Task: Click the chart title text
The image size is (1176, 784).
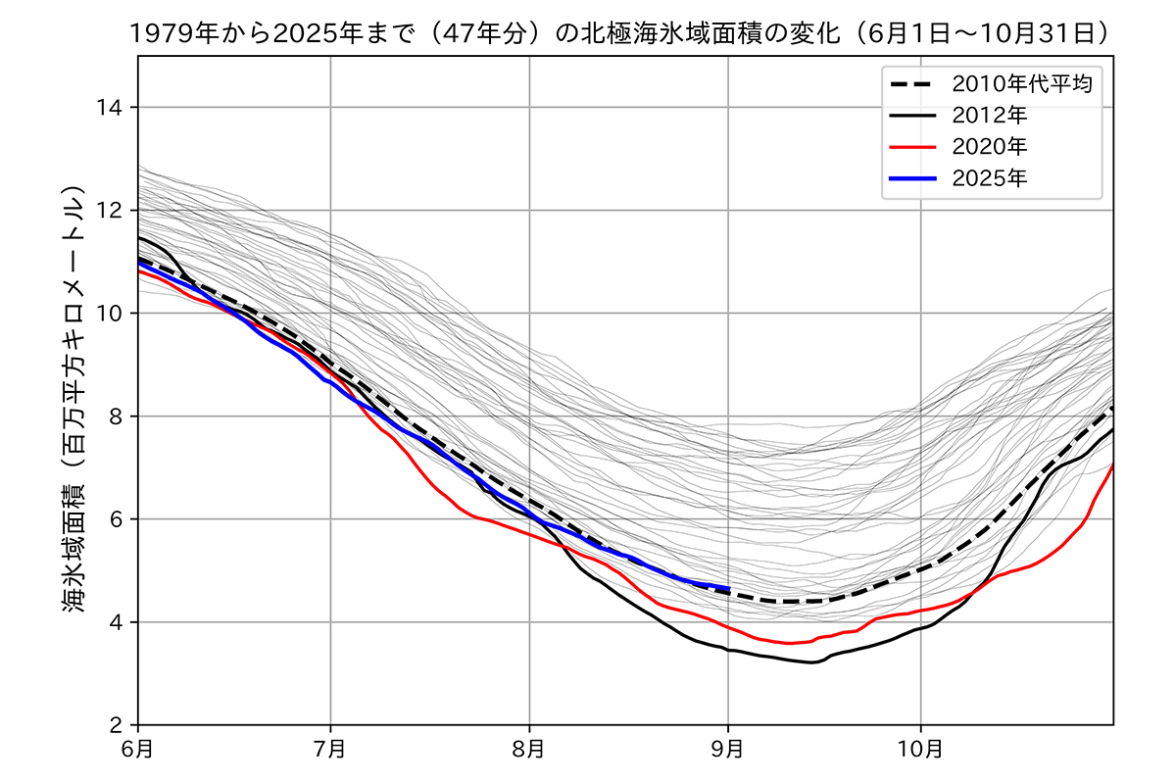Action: tap(621, 33)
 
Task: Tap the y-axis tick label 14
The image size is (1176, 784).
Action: tap(112, 107)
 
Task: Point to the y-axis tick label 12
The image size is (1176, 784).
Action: tap(112, 210)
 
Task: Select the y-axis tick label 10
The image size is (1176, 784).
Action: tap(112, 314)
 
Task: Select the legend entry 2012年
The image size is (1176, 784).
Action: tap(990, 115)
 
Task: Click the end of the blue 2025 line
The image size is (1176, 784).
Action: tap(728, 588)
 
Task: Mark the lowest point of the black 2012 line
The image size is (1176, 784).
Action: tap(812, 663)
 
